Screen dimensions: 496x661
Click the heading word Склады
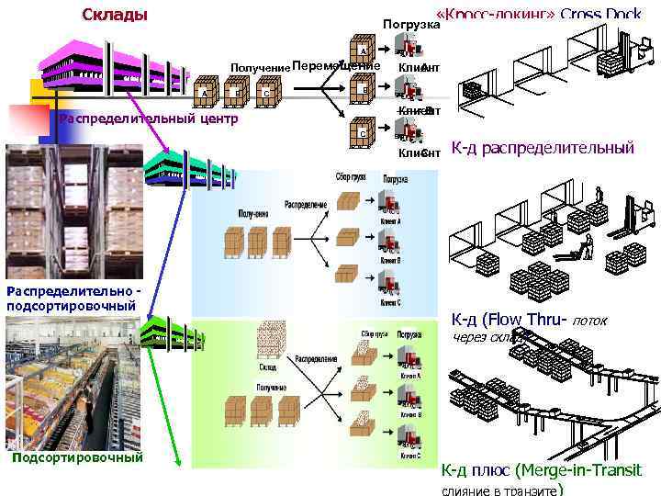point(115,15)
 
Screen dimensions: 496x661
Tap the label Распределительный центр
point(148,119)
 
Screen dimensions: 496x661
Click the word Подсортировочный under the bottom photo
point(78,457)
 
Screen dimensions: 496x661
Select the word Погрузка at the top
point(405,23)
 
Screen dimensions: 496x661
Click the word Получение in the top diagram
point(259,68)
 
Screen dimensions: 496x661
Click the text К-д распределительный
point(543,147)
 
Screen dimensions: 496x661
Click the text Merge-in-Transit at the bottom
point(579,471)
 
